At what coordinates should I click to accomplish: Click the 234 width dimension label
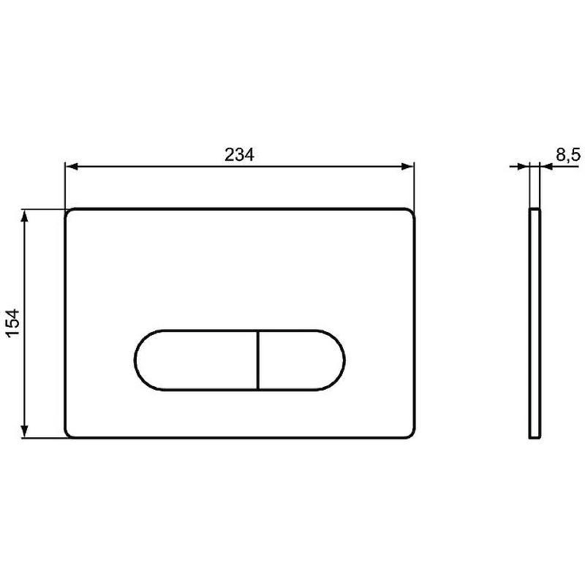coord(239,154)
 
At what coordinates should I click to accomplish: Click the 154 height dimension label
coord(14,323)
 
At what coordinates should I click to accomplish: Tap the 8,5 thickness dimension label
coord(568,154)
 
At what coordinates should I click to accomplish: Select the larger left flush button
coord(196,360)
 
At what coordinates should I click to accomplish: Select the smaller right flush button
coord(301,360)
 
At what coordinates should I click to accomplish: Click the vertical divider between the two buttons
coord(258,360)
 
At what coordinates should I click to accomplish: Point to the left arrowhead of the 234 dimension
coord(71,167)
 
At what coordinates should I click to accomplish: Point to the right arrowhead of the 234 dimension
coord(408,167)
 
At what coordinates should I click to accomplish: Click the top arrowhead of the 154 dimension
coord(25,216)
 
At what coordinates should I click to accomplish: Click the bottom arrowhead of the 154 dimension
coord(25,431)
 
